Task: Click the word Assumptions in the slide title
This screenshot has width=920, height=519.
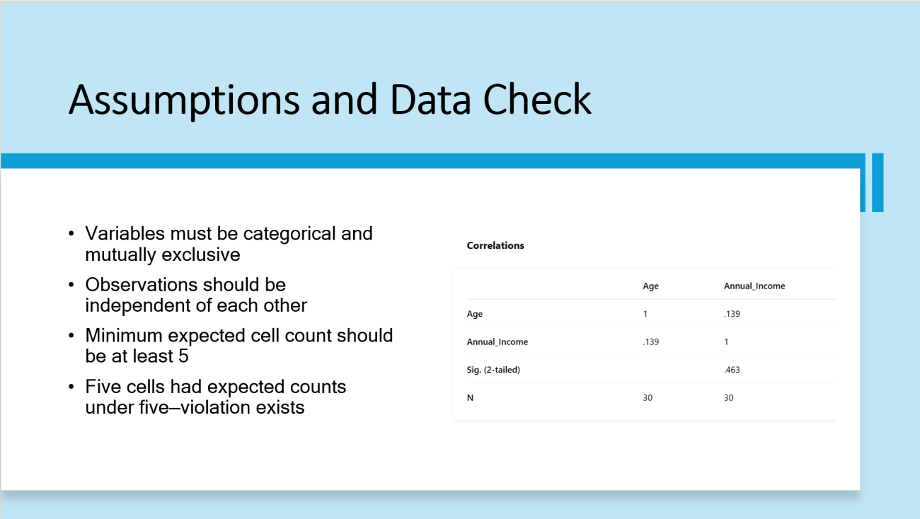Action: [185, 100]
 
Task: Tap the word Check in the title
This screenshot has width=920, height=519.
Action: [537, 99]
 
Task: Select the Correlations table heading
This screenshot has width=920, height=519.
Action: [495, 245]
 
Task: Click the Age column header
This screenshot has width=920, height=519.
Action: [650, 286]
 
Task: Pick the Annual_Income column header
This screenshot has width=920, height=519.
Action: [754, 286]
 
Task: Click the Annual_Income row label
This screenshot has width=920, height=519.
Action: [497, 342]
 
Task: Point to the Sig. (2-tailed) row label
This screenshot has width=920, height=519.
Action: [493, 370]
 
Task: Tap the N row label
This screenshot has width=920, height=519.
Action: [470, 397]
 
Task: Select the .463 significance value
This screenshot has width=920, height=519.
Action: [732, 370]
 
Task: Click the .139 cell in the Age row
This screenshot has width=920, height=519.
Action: [732, 314]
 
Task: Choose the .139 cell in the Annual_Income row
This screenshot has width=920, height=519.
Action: [650, 342]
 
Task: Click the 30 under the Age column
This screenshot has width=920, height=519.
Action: [648, 397]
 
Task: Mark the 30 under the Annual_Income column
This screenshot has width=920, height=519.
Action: [728, 397]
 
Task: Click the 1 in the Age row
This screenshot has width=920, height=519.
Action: [645, 314]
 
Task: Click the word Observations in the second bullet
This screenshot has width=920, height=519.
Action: [141, 285]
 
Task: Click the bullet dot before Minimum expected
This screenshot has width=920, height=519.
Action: [71, 336]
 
